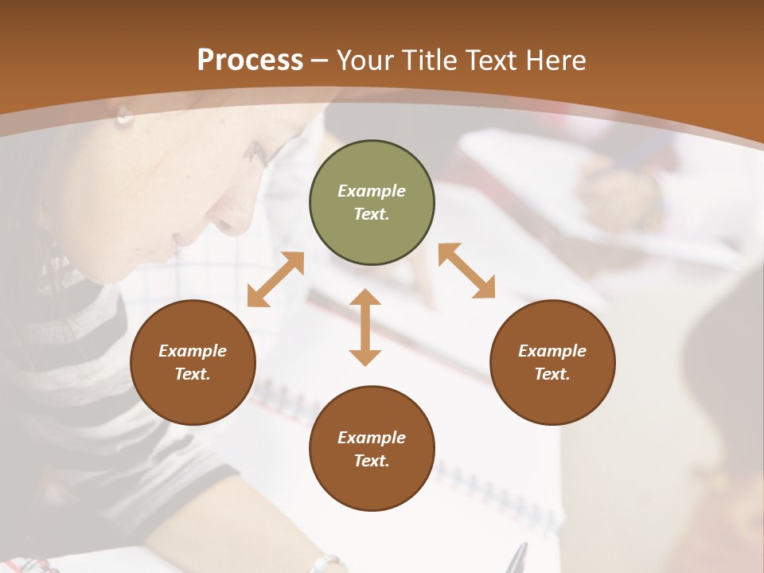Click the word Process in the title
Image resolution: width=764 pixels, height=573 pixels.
point(250,60)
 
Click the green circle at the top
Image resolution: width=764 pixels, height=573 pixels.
point(372,203)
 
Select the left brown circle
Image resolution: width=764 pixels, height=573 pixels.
point(193,362)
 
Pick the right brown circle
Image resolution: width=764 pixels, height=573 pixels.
point(552,362)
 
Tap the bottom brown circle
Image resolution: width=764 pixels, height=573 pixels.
point(372,449)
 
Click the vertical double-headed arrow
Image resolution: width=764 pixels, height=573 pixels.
point(365,327)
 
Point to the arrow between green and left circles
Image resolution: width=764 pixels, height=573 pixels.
point(275,279)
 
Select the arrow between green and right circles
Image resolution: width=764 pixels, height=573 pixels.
point(466,271)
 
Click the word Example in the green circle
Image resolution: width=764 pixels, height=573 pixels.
point(372,191)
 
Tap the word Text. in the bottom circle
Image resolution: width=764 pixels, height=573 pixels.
point(372,461)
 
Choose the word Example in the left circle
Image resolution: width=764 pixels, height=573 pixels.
point(193,351)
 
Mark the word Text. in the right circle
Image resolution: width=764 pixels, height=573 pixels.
point(552,374)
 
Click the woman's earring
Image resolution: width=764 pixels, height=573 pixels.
point(124,118)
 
